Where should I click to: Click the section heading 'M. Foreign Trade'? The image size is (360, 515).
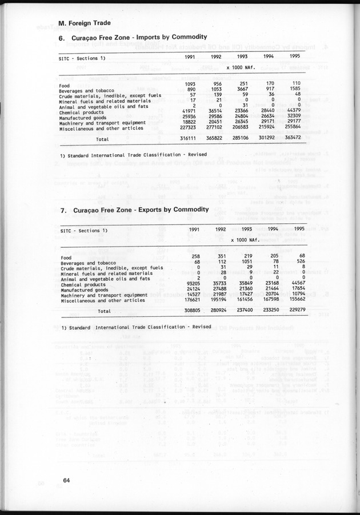pyautogui.click(x=85, y=23)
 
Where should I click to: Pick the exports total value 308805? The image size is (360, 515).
pyautogui.click(x=189, y=311)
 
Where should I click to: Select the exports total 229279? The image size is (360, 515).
pyautogui.click(x=292, y=311)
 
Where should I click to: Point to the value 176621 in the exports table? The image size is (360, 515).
pyautogui.click(x=189, y=300)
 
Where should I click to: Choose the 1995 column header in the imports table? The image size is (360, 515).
pyautogui.click(x=294, y=57)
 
